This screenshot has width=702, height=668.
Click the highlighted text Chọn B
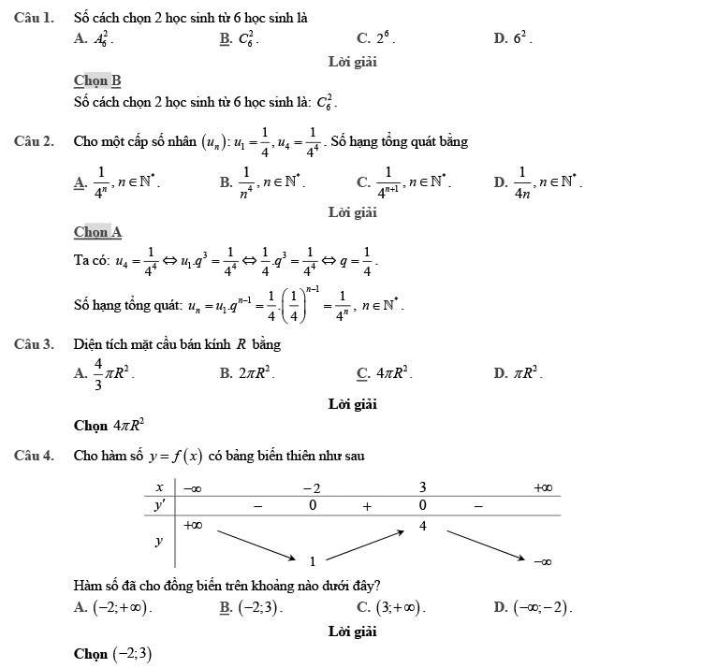(97, 81)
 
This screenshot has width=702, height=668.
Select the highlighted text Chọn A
(97, 231)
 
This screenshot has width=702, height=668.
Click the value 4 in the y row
(422, 526)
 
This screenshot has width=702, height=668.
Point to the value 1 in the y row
(313, 561)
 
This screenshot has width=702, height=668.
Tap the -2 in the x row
(312, 487)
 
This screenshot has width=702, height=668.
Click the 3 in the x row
(422, 487)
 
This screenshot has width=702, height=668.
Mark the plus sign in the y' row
(368, 506)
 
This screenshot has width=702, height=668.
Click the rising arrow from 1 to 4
(367, 544)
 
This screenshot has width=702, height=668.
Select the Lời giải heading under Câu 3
(352, 404)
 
